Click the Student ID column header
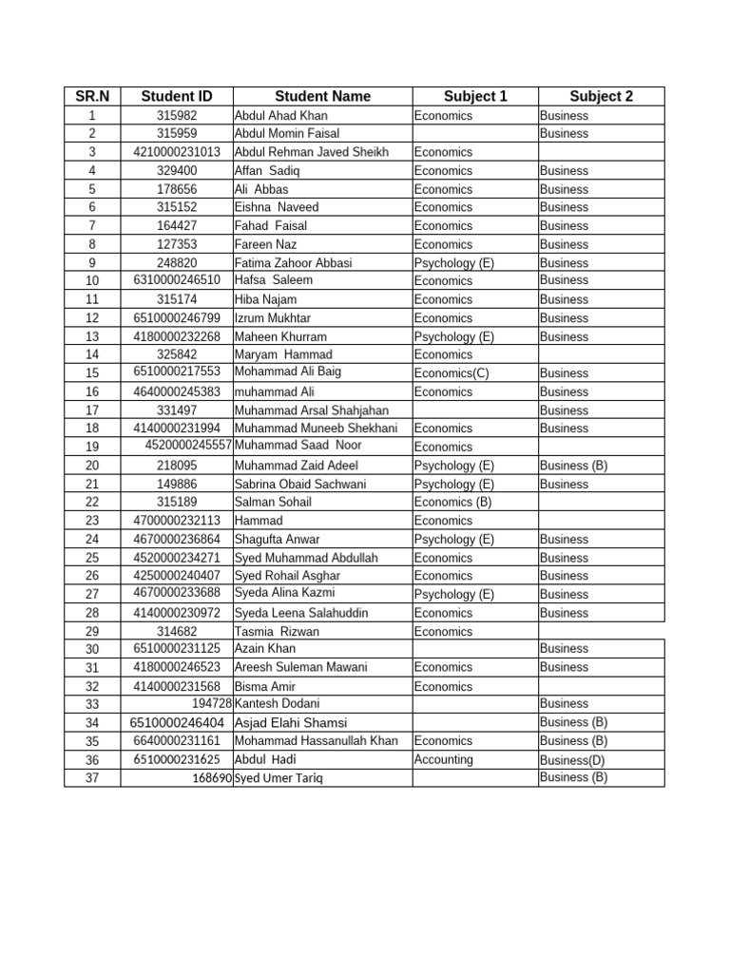pos(176,96)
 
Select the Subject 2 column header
pos(601,96)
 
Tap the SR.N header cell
pos(92,96)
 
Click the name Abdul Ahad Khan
pos(280,116)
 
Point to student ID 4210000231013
pos(176,152)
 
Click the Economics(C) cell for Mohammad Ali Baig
pos(451,373)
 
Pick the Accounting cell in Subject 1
pos(444,760)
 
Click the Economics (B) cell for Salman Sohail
pos(453,502)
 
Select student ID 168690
pos(212,778)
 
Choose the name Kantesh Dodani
pos(277,704)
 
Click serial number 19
pos(92,447)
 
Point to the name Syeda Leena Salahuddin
pos(300,613)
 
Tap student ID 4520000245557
pos(188,446)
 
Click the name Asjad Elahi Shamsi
pos(284,723)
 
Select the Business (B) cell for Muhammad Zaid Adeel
pos(573,466)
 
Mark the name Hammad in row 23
pos(259,521)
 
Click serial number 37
pos(92,778)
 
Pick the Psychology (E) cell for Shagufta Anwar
pos(454,540)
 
